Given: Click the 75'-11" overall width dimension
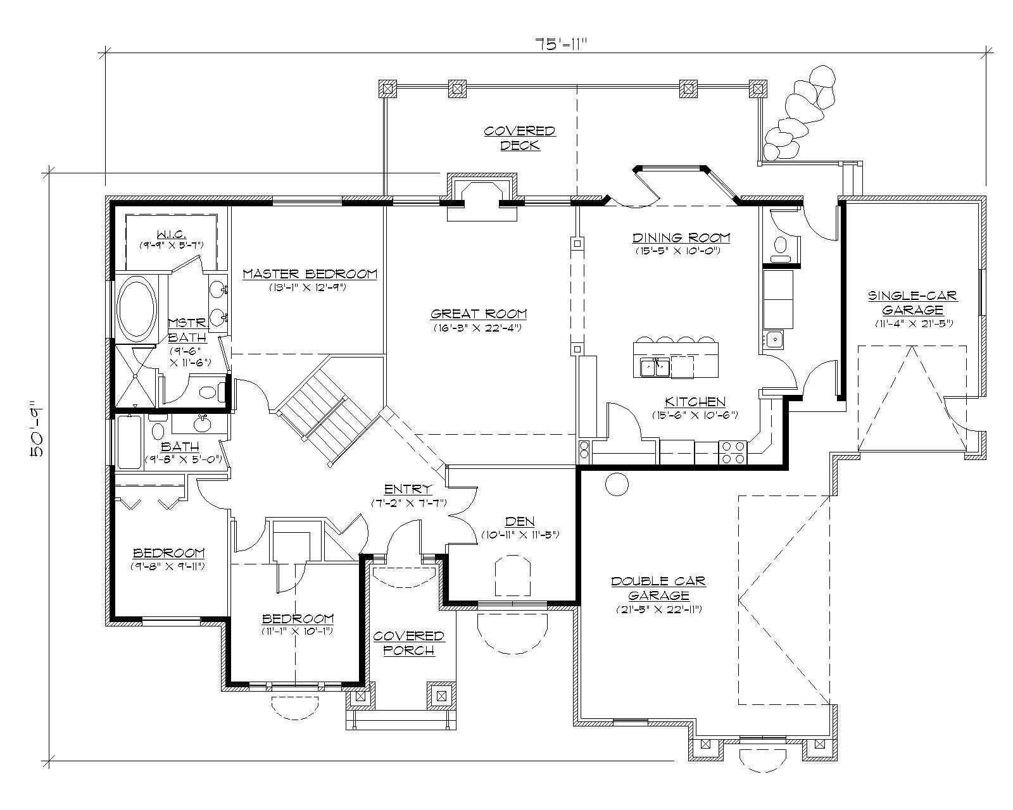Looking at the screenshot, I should click(562, 44).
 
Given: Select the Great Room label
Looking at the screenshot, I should click(479, 315).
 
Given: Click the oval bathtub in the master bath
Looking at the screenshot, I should click(136, 309).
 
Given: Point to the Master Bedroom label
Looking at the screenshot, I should click(310, 274).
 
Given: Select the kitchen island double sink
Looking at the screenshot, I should click(654, 366).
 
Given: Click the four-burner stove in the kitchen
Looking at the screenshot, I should click(733, 451).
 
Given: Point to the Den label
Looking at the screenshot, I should click(519, 522).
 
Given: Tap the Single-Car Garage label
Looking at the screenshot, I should click(912, 302).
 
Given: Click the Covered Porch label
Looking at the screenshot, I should click(408, 642).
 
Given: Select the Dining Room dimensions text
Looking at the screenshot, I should click(679, 251).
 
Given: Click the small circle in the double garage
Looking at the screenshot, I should click(617, 484).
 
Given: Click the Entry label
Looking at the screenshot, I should click(408, 489).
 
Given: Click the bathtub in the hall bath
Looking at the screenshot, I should click(129, 442).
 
